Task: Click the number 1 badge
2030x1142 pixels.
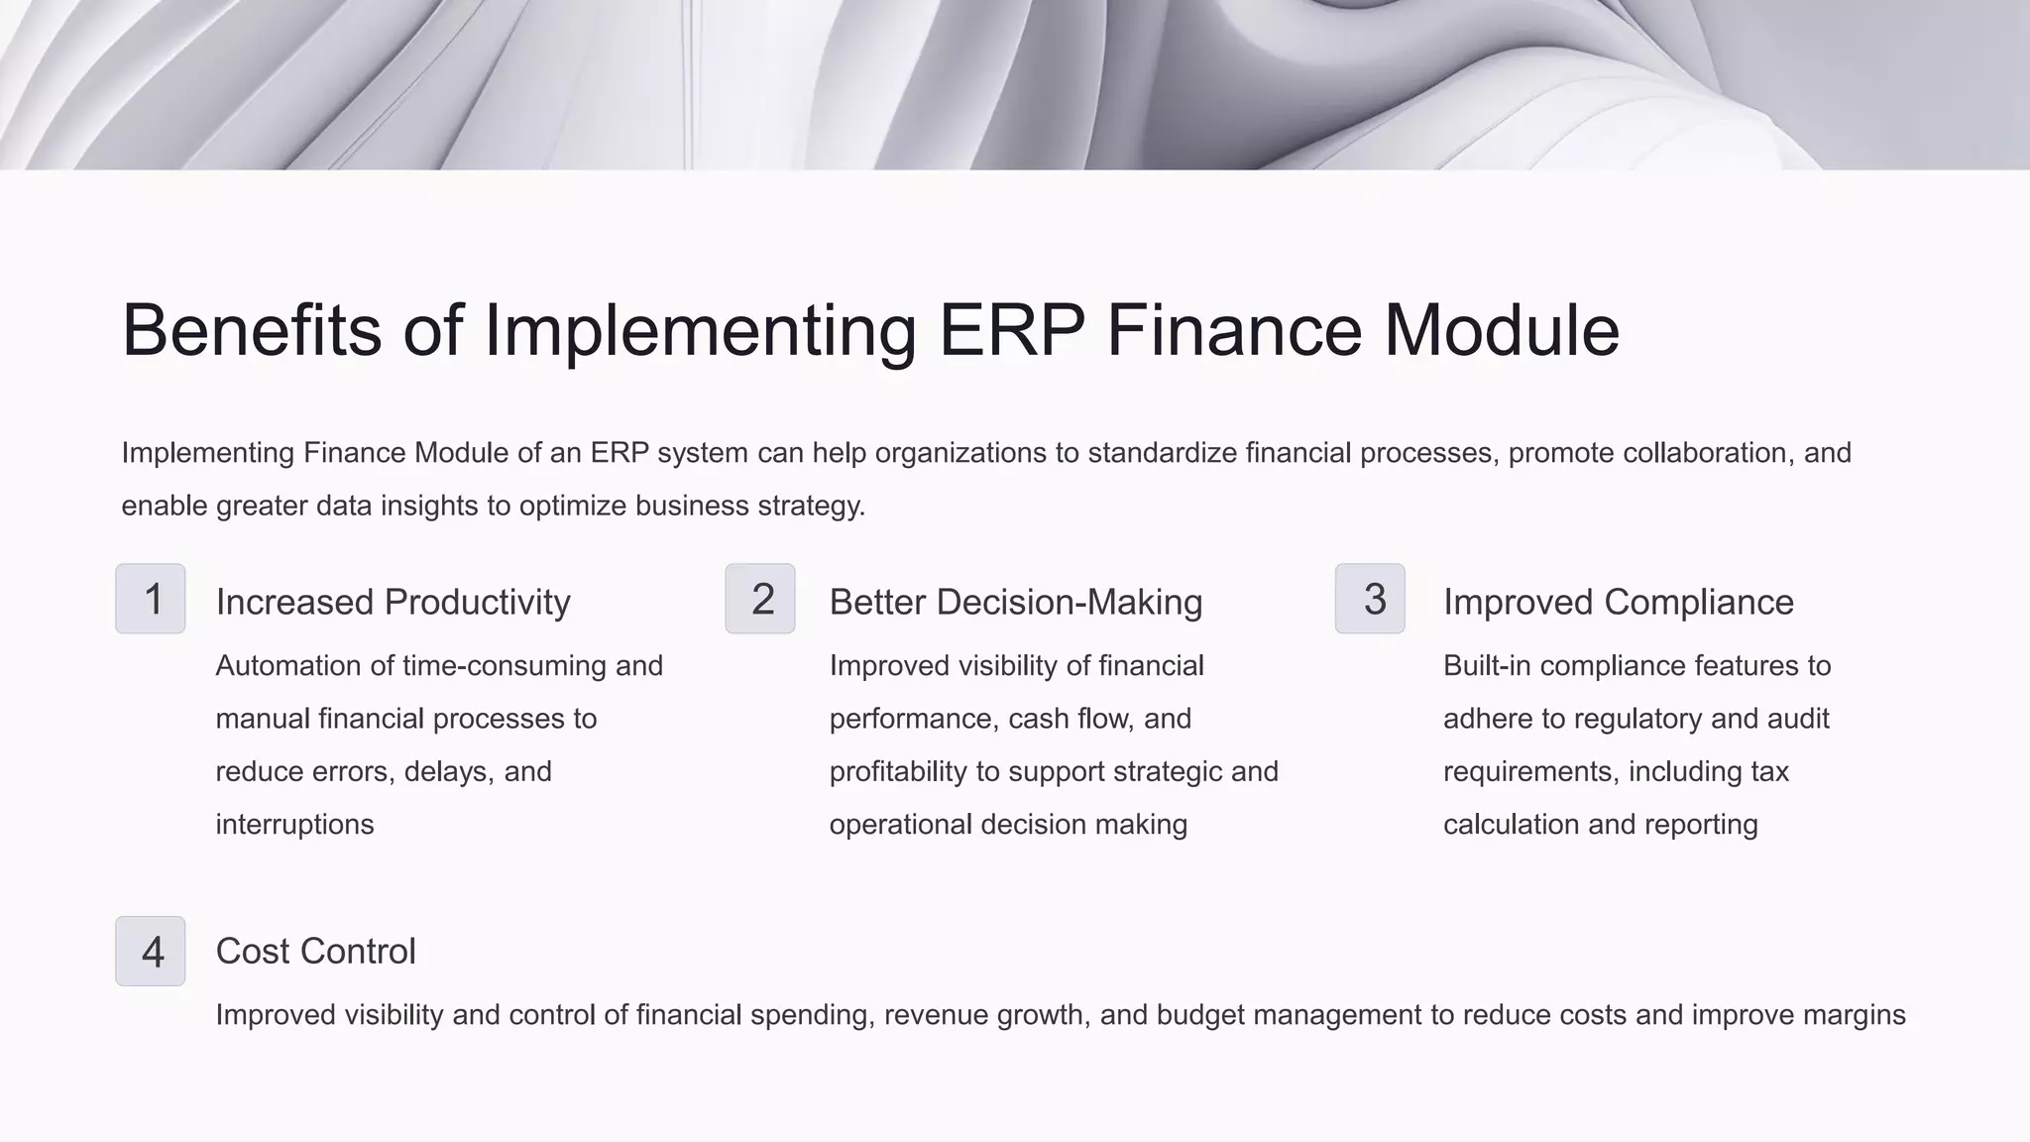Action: [151, 599]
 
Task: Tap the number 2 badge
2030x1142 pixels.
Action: [760, 599]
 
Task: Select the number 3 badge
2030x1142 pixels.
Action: [1370, 599]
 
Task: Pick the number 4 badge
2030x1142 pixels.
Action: [151, 952]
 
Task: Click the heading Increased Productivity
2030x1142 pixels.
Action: [393, 602]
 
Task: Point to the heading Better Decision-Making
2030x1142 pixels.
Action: [1015, 602]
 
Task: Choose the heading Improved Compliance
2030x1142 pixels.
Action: [1618, 602]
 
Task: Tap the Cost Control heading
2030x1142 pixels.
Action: [315, 952]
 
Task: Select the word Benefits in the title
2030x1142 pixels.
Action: [251, 330]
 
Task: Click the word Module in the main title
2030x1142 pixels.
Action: [1501, 330]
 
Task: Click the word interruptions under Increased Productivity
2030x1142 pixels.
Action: [294, 825]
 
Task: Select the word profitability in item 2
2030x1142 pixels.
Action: [898, 771]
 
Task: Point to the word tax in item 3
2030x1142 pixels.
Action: [1769, 771]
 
